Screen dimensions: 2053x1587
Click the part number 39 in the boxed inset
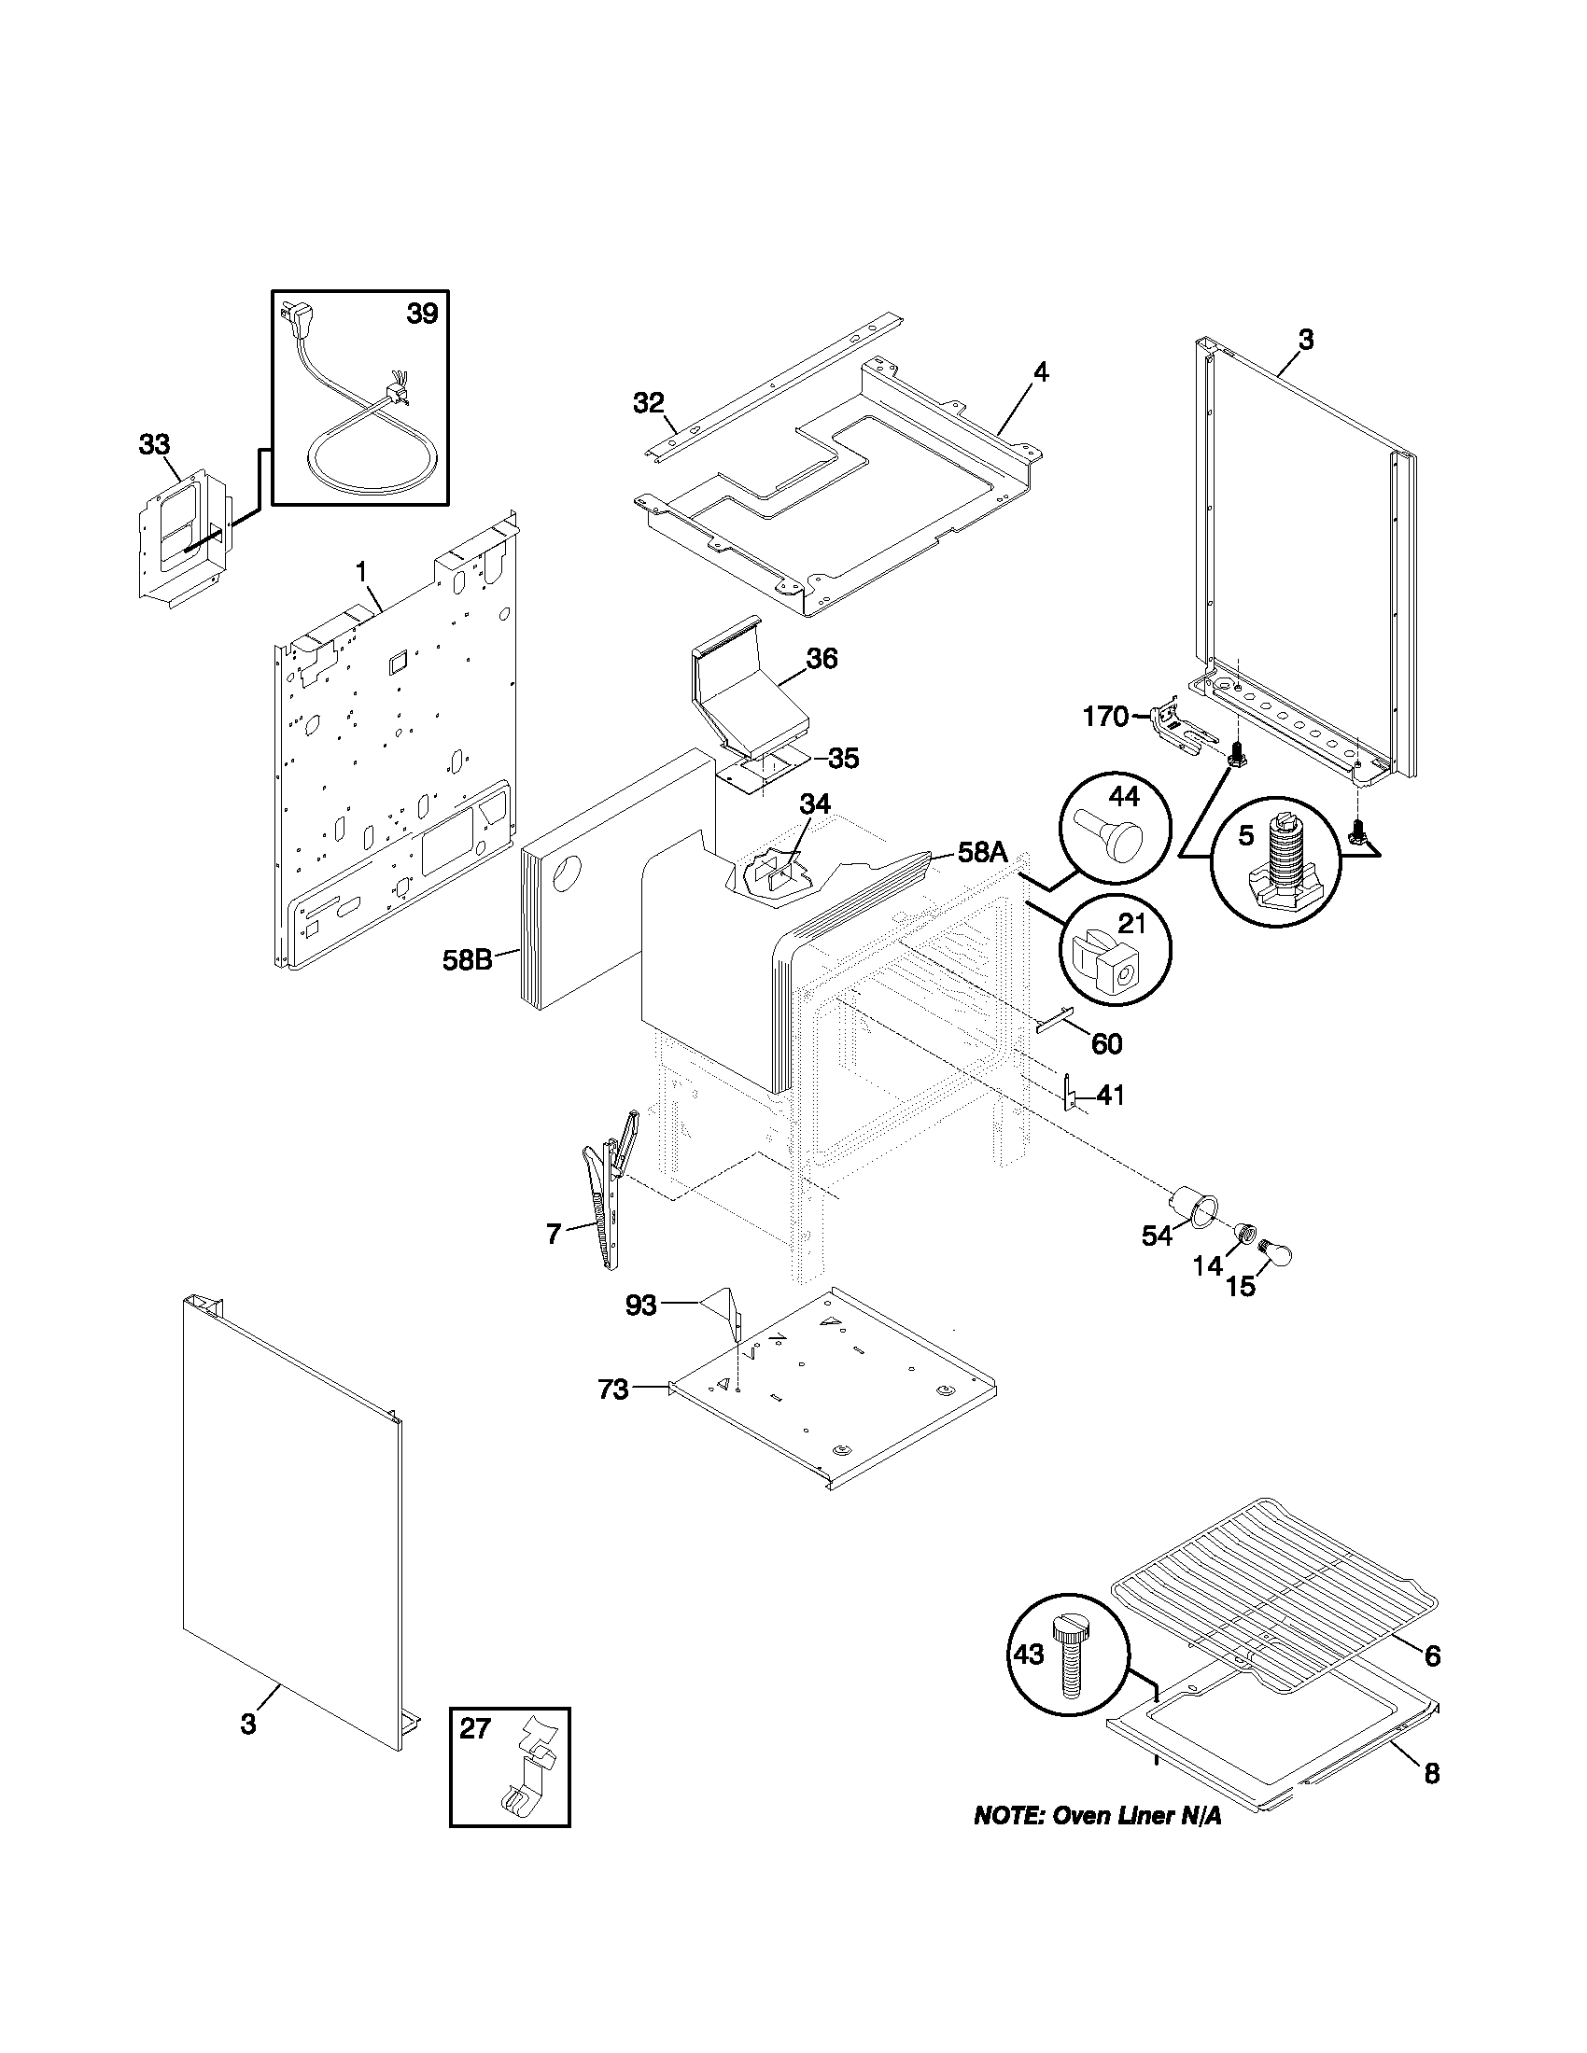click(422, 313)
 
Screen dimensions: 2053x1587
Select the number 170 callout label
click(1105, 718)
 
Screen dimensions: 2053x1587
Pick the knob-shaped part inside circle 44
click(1117, 836)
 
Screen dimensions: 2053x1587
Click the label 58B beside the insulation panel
click(468, 960)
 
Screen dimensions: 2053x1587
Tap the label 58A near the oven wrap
click(982, 853)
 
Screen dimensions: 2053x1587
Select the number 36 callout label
click(822, 658)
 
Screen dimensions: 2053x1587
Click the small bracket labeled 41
click(1069, 1095)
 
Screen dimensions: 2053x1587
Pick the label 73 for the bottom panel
click(613, 1415)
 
